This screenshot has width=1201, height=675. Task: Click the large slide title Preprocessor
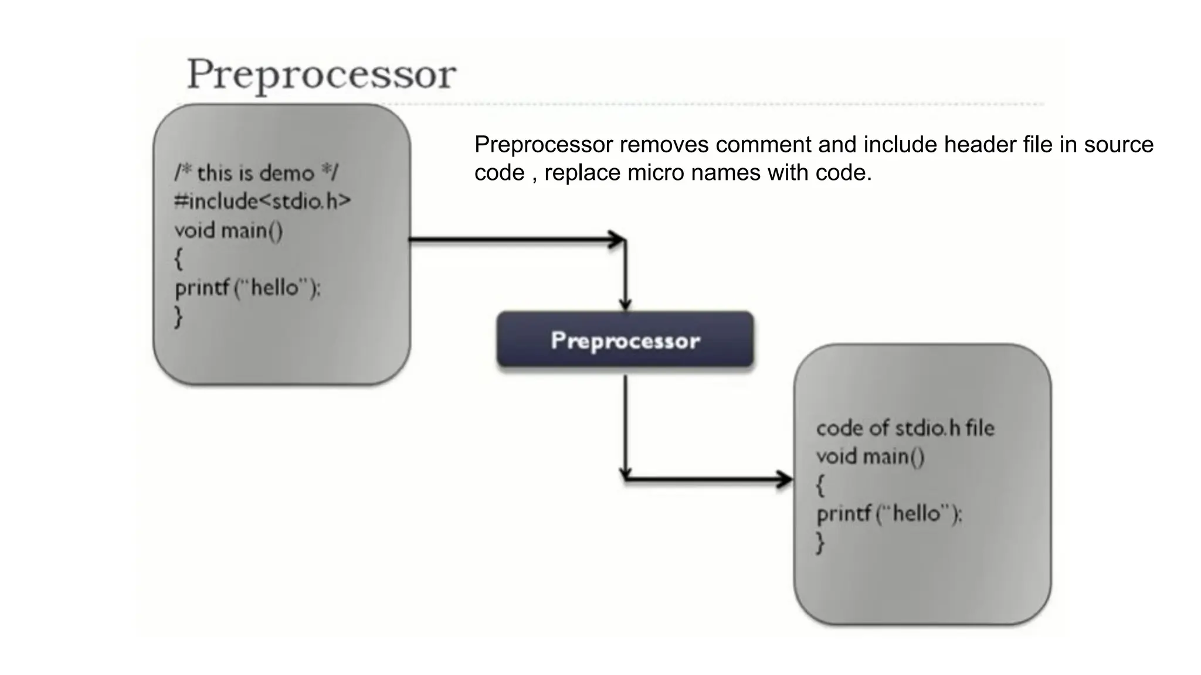coord(321,75)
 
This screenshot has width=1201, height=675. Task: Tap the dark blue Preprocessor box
coord(625,340)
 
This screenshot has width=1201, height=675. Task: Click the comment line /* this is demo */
coord(256,173)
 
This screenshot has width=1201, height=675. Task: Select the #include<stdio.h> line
coord(262,201)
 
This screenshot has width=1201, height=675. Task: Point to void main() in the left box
coord(229,230)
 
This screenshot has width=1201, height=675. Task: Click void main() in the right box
coord(870,456)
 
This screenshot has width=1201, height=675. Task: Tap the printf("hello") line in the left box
coord(247,288)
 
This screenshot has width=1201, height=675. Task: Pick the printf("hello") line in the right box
coord(889,514)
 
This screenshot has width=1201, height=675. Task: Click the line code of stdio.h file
coord(905,428)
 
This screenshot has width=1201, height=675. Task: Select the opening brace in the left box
coord(179,258)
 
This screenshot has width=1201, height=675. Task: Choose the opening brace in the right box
coord(820,485)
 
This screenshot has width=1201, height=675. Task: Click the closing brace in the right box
coord(820,543)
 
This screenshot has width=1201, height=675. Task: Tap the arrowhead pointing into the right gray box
coord(785,479)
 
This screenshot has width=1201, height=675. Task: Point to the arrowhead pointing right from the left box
coord(617,239)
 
